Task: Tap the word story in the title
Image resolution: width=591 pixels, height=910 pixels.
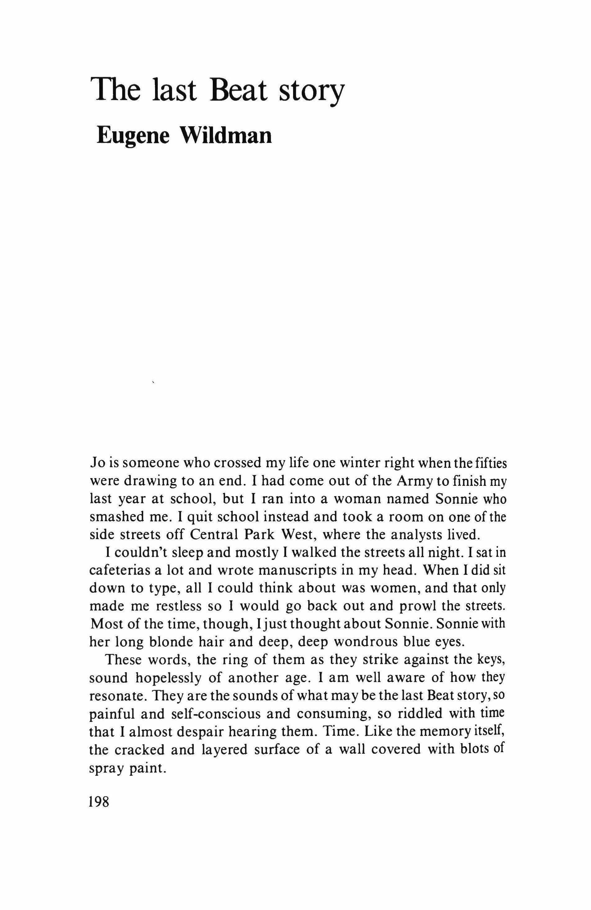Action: (x=311, y=92)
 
